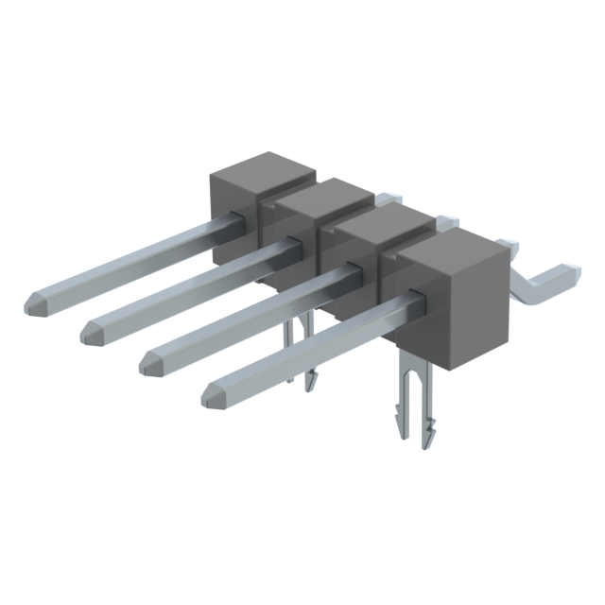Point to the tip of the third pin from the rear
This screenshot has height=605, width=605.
(150, 361)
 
